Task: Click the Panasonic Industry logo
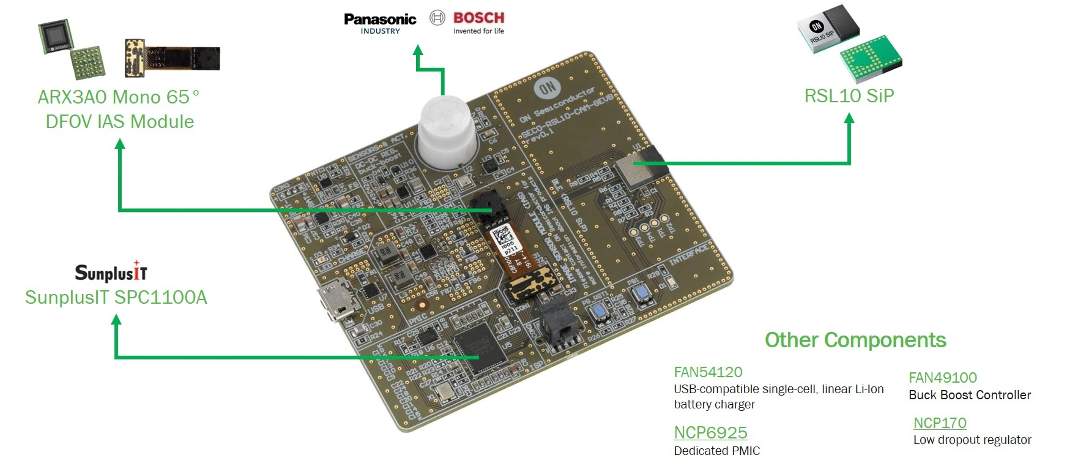379,23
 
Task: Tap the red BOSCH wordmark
478,18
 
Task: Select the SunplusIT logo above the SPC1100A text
111,272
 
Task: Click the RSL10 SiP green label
849,96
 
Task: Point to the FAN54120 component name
708,372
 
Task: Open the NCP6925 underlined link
710,432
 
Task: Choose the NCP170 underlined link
940,423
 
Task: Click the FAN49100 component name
942,378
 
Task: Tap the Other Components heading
855,340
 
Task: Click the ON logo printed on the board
546,88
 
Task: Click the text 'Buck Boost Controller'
970,395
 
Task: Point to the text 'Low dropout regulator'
972,440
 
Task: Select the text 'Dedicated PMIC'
716,451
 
